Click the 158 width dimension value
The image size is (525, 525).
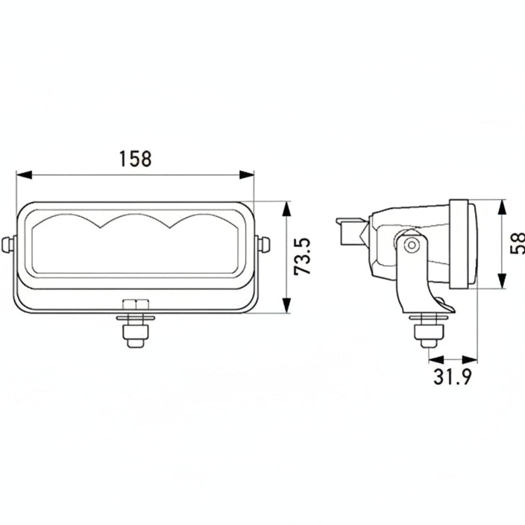pos(135,158)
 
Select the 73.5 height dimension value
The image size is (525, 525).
pos(302,257)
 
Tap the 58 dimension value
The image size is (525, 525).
pos(517,243)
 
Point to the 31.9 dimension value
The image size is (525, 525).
pos(453,377)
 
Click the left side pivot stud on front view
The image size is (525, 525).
pos(8,244)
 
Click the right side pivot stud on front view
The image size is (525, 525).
pos(262,244)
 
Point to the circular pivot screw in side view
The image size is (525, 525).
pos(409,245)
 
